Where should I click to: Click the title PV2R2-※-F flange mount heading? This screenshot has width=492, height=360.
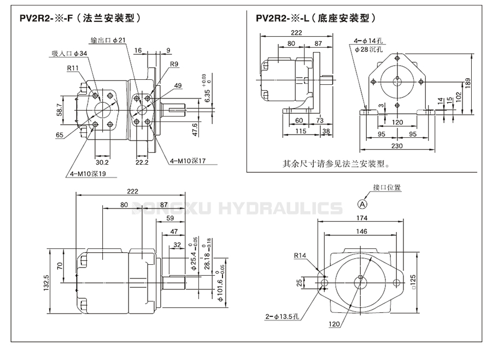click(80, 18)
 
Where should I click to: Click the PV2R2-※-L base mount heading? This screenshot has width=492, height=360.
click(318, 18)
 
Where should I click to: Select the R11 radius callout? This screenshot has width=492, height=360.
click(73, 68)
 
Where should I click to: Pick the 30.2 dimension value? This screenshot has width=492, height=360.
click(102, 162)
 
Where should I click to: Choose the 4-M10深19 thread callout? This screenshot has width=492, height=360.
click(87, 174)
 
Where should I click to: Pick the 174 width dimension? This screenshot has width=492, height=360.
click(361, 218)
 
